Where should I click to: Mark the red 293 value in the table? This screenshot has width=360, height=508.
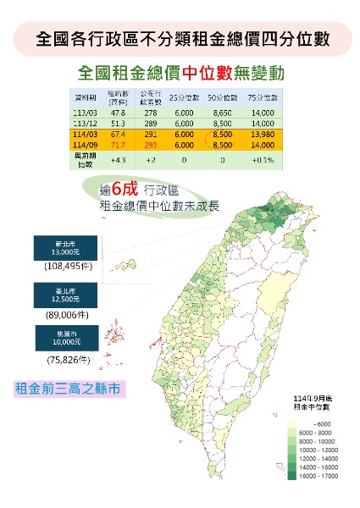(150, 144)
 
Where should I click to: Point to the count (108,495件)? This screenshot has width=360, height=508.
(68, 266)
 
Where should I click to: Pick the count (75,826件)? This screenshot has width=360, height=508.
(68, 360)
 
